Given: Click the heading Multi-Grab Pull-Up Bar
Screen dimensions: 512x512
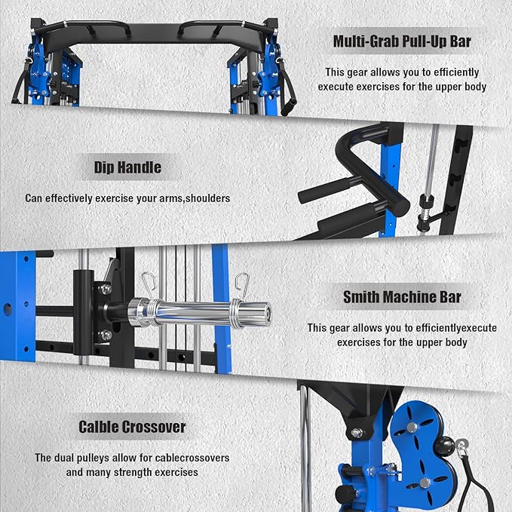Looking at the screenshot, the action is [402, 41].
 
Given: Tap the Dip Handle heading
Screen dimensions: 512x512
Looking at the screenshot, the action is [127, 167].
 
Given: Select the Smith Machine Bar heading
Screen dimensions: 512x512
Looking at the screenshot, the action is [402, 297].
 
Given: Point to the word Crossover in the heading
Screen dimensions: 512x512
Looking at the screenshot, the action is [155, 427].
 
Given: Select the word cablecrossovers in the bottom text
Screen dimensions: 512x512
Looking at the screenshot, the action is [192, 458].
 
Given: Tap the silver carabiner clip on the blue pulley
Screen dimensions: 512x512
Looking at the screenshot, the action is [462, 446].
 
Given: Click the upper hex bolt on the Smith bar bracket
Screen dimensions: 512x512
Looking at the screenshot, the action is [106, 290].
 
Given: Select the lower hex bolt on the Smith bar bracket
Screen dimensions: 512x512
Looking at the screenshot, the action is [106, 335].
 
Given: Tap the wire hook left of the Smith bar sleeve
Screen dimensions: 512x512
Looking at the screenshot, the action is [149, 285].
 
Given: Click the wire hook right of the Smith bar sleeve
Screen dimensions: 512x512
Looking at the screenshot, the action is [242, 286].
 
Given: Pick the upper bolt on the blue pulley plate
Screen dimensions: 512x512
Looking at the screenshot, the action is [412, 428].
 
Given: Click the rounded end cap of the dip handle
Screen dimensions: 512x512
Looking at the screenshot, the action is [400, 202].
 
